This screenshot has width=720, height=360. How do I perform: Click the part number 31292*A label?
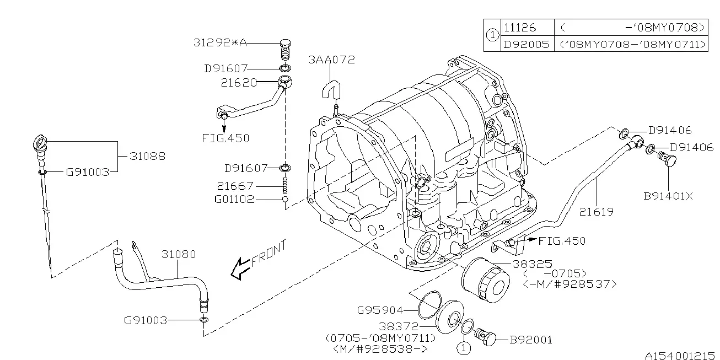coord(220,43)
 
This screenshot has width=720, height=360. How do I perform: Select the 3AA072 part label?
coord(331,60)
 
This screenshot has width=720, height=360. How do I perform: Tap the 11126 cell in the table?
coord(520,28)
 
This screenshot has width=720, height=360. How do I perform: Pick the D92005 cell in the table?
coord(526,44)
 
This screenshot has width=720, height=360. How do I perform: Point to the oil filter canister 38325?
coord(485,281)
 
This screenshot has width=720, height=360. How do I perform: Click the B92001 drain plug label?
coord(531,340)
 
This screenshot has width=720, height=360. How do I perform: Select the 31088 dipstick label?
coord(148,156)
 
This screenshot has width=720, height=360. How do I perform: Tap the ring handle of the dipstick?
coord(40,142)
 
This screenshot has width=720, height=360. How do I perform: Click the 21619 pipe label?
coord(597,212)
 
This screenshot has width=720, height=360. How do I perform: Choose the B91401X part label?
coord(668,196)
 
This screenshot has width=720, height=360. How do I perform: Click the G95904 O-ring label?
coord(380,310)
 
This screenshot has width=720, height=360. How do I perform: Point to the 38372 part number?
coord(399,326)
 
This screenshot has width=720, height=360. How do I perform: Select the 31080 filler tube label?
coord(179,254)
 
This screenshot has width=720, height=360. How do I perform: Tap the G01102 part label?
coord(234,199)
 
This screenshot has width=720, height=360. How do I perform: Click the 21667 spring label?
coord(235,186)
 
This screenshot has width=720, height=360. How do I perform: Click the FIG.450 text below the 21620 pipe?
coord(225,138)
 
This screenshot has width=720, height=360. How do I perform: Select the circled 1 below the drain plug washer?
coord(464,348)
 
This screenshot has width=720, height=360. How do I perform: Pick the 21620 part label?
coord(239,83)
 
